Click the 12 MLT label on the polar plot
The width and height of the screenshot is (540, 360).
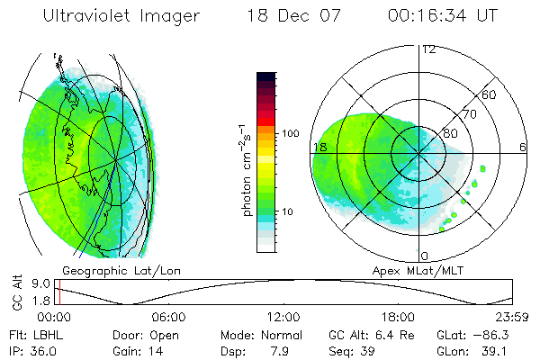(429, 49)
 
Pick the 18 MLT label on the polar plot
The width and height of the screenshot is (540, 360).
(319, 147)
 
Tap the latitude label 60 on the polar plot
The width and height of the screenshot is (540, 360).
(490, 94)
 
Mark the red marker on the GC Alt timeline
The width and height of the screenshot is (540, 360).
(58, 292)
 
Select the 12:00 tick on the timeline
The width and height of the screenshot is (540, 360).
(283, 317)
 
